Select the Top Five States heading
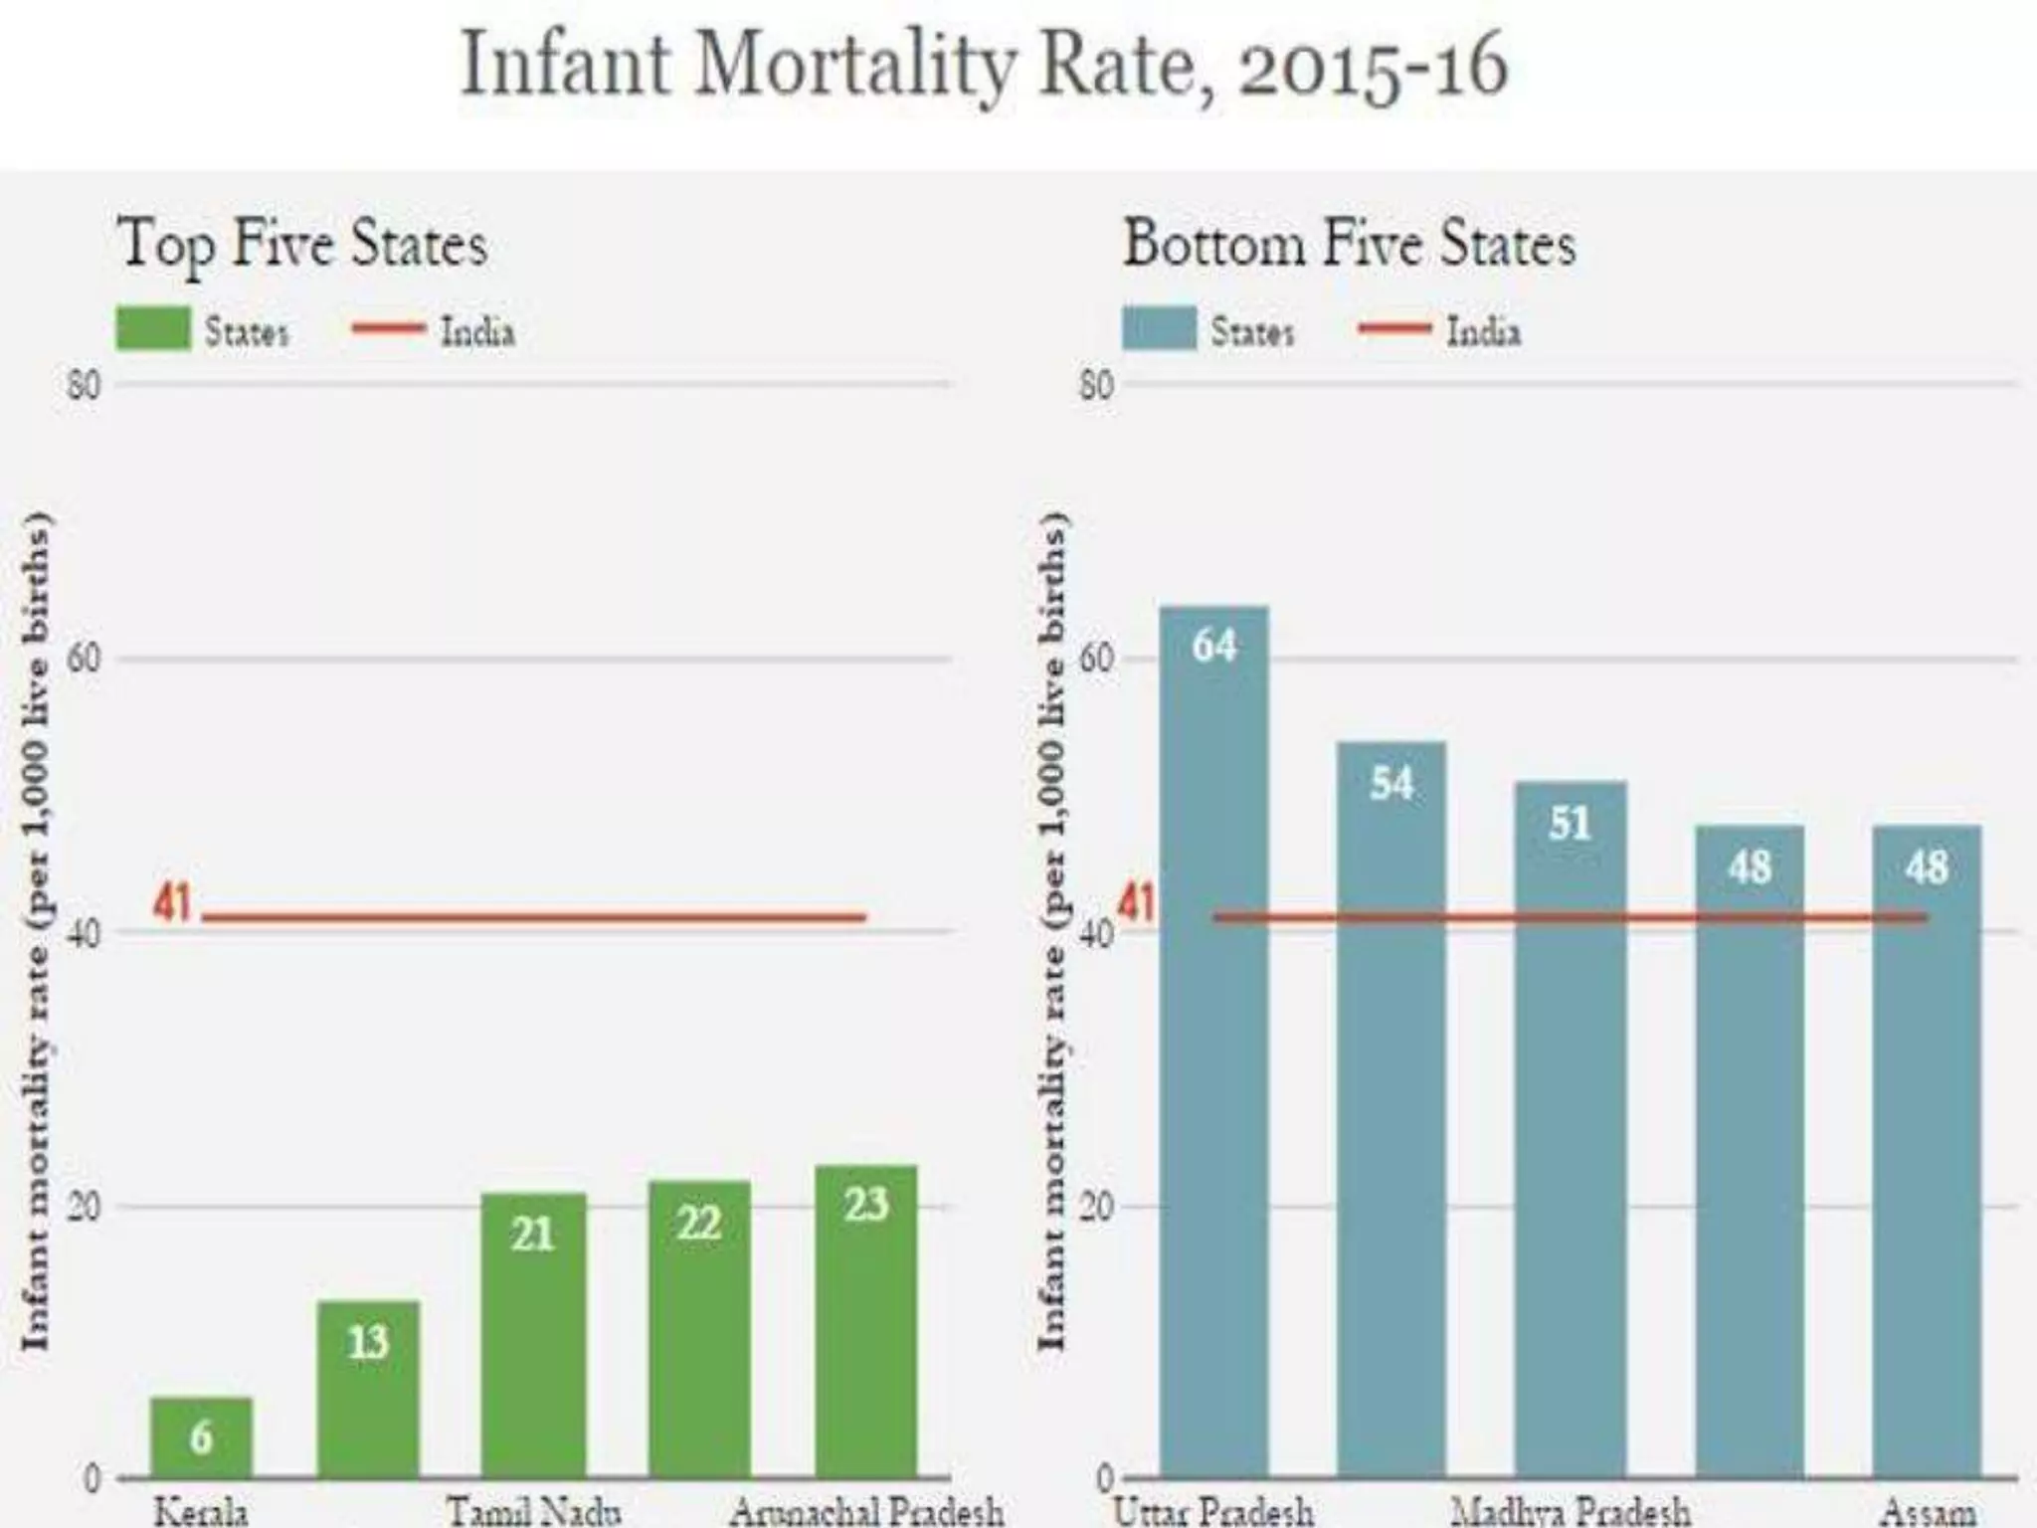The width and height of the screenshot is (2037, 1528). click(302, 245)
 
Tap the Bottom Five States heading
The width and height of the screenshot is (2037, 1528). click(1349, 245)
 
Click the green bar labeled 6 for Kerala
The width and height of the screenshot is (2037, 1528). click(201, 1436)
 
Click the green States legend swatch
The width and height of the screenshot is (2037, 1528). click(153, 329)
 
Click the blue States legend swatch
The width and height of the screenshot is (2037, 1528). click(1159, 329)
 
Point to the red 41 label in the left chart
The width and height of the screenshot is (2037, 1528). click(172, 903)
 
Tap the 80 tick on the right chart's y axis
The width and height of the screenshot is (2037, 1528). click(1096, 385)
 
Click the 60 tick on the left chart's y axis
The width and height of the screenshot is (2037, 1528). click(85, 659)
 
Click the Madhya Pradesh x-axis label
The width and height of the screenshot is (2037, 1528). click(1571, 1512)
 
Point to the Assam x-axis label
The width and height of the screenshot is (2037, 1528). click(1928, 1512)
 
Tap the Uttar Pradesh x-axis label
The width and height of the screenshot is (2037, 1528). click(1213, 1512)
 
